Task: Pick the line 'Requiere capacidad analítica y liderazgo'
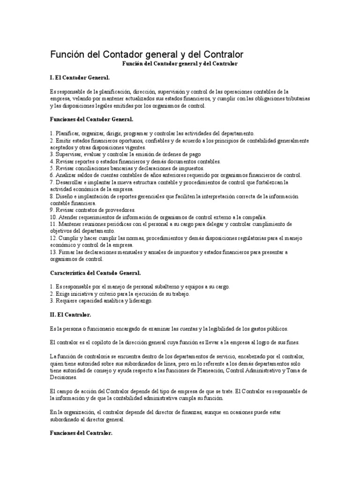101,300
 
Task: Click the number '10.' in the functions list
53,217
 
